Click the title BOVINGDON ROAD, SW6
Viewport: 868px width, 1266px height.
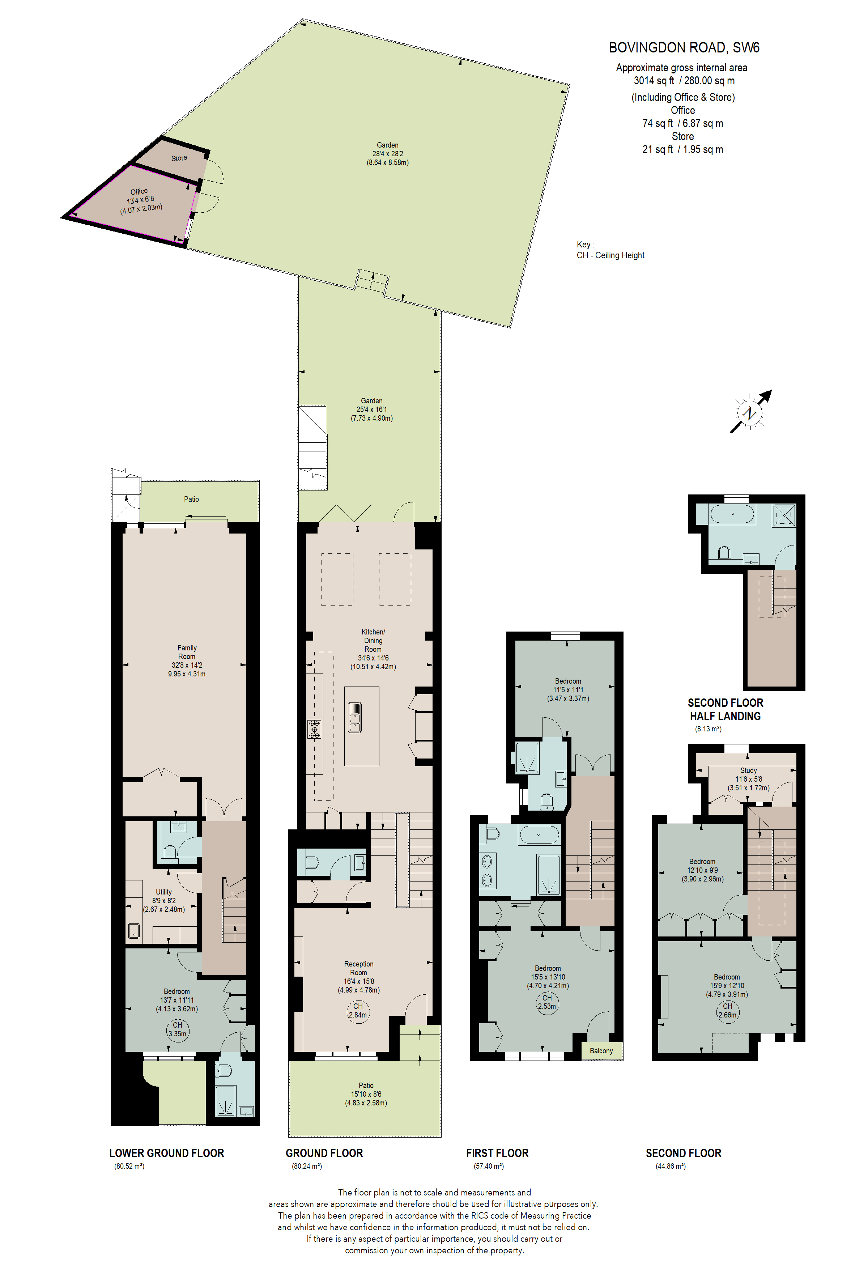pyautogui.click(x=684, y=48)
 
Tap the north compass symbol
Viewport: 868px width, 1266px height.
pyautogui.click(x=750, y=412)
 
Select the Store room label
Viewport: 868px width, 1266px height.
pyautogui.click(x=179, y=158)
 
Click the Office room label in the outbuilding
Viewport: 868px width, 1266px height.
pyautogui.click(x=139, y=192)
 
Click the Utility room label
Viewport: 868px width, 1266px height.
pyautogui.click(x=164, y=892)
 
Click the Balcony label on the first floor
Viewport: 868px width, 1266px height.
pyautogui.click(x=601, y=1051)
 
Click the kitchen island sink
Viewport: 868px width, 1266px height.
pyautogui.click(x=354, y=717)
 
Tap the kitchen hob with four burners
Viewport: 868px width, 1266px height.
pyautogui.click(x=314, y=729)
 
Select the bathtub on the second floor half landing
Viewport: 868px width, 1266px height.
pyautogui.click(x=732, y=514)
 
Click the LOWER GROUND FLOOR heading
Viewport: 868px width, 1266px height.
pyautogui.click(x=167, y=1153)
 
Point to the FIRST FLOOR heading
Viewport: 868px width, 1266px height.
pyautogui.click(x=497, y=1153)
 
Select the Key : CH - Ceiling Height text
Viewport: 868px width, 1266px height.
pyautogui.click(x=610, y=250)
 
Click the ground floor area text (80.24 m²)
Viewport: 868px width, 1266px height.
pyautogui.click(x=307, y=1166)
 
